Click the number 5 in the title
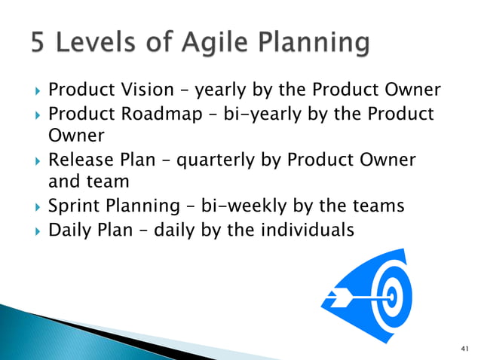pyautogui.click(x=41, y=44)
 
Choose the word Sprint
pyautogui.click(x=72, y=206)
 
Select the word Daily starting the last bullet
pyautogui.click(x=69, y=228)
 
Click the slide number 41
pyautogui.click(x=464, y=348)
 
